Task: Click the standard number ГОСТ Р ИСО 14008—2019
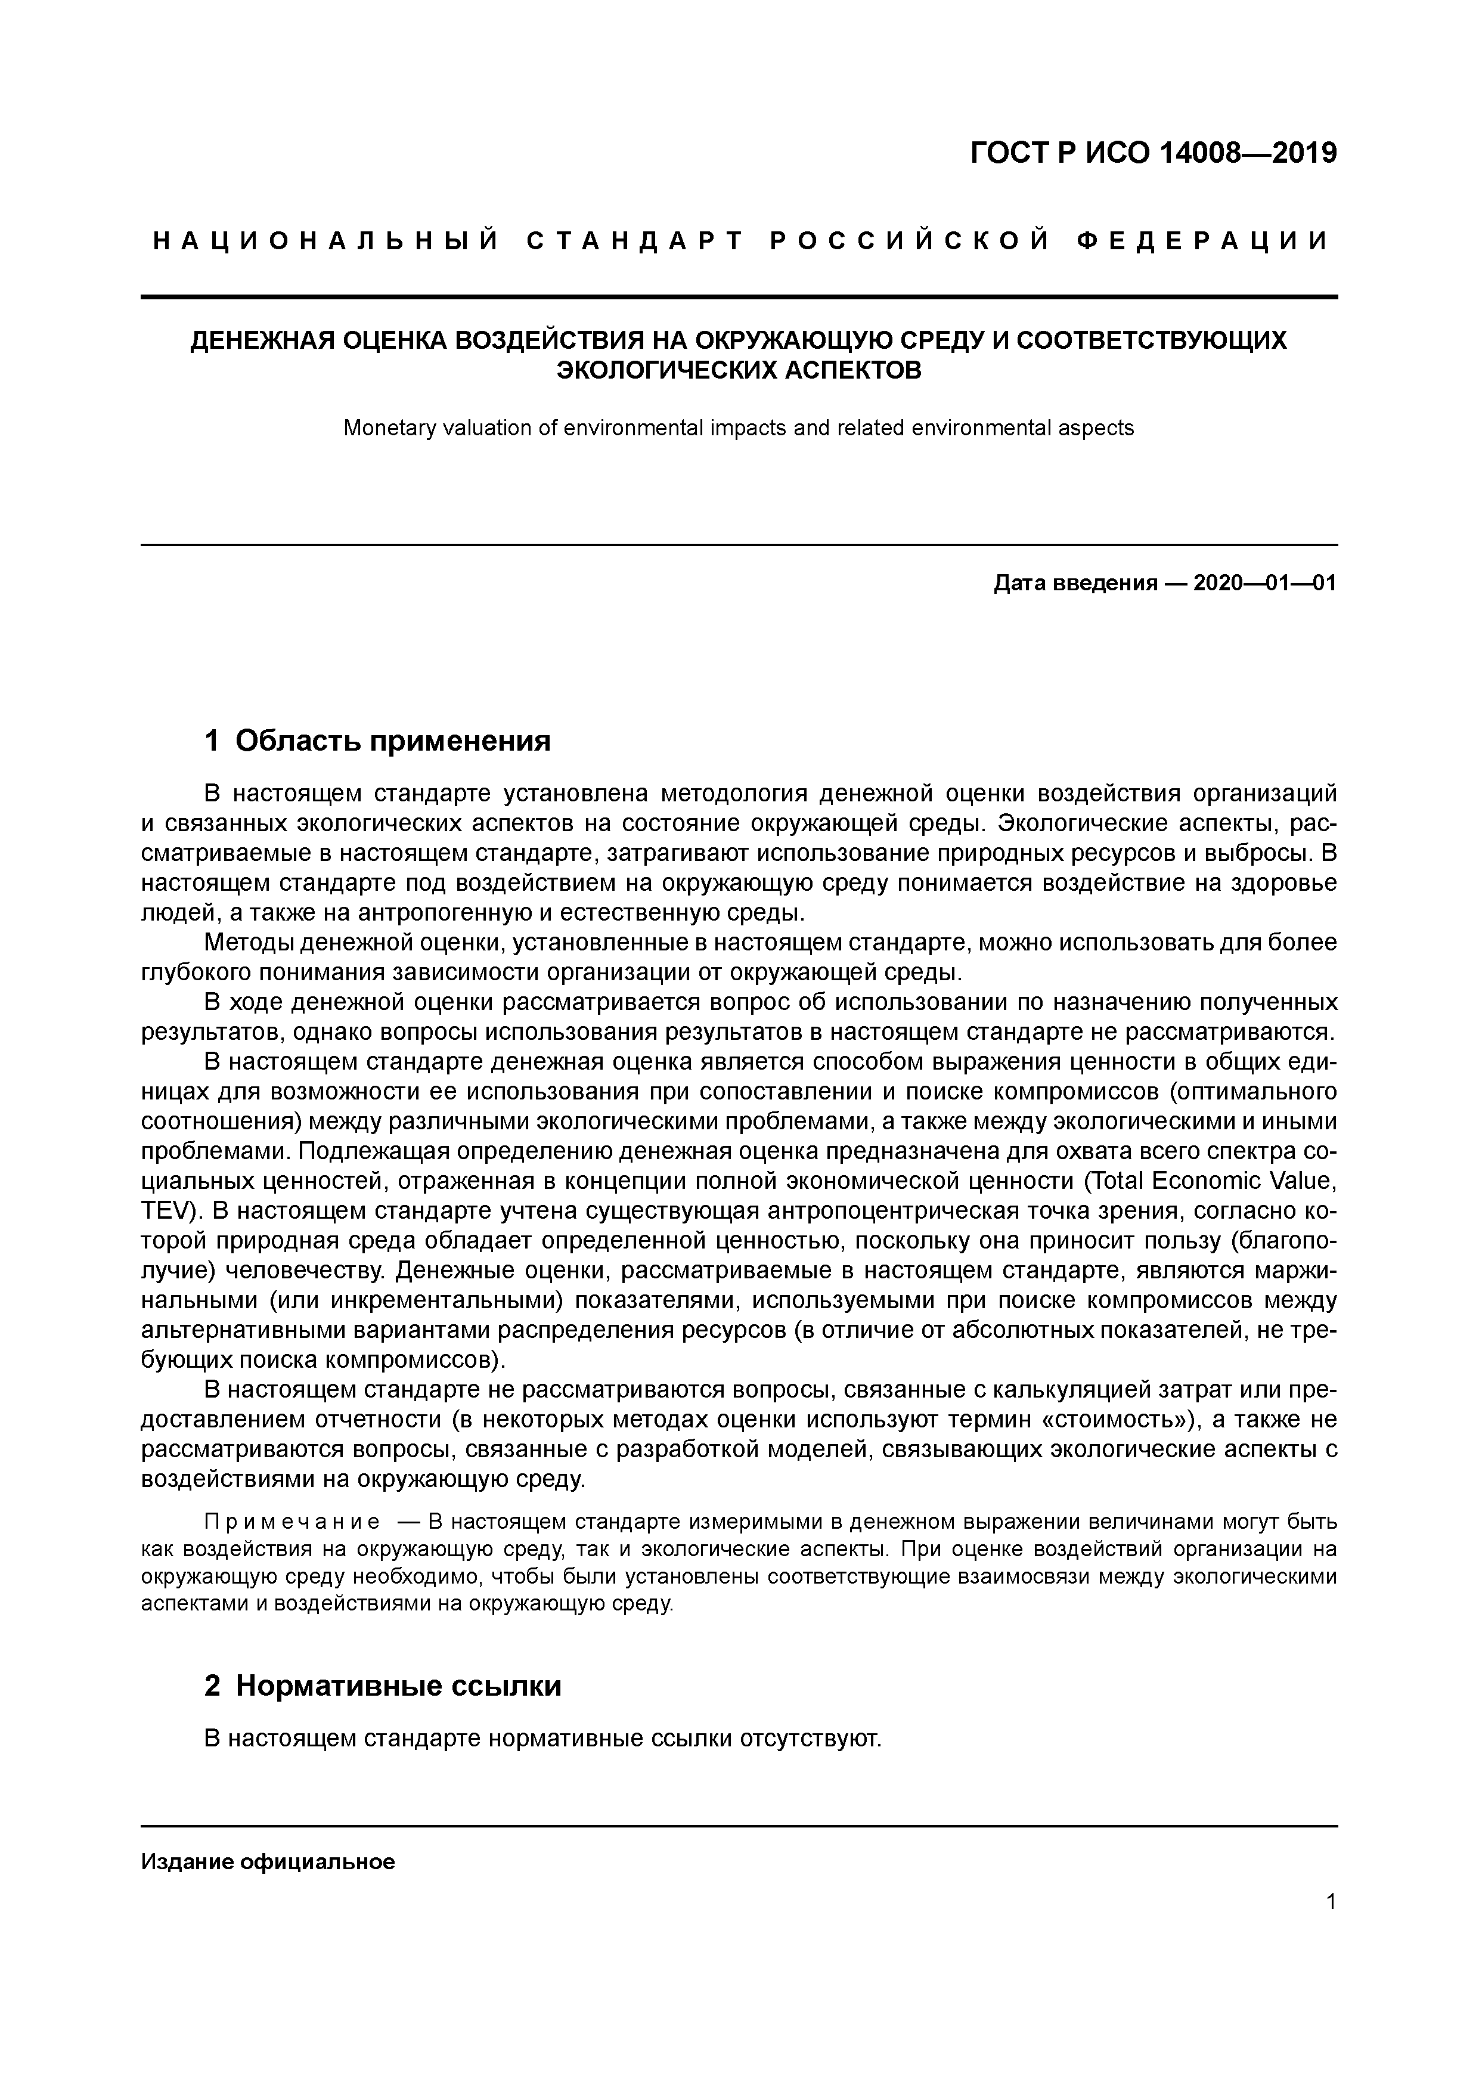point(1153,153)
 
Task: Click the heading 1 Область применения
point(377,741)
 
